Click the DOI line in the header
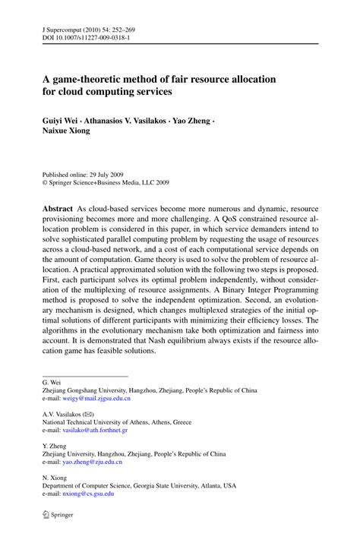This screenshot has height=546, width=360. pos(91,36)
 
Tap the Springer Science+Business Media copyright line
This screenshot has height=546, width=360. pos(106,183)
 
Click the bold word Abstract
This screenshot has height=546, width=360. pos(58,207)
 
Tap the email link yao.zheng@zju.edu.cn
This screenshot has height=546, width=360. pos(93,462)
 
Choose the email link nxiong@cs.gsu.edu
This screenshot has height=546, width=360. pos(88,494)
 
